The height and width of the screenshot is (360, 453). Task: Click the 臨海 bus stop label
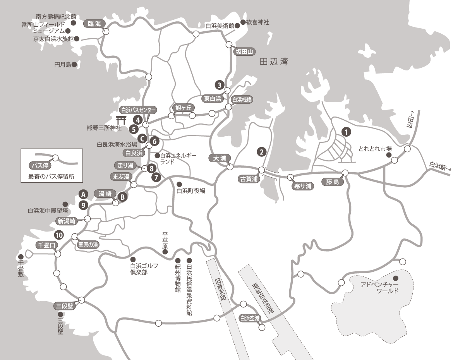point(94,24)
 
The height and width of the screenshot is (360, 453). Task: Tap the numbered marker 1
point(347,132)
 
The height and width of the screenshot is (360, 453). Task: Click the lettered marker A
point(82,193)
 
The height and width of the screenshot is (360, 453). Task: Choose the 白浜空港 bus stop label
point(249,319)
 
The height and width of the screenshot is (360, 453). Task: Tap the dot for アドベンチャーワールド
point(396,278)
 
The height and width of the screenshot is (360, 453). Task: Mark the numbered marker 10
point(58,235)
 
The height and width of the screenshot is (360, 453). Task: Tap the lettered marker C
point(142,138)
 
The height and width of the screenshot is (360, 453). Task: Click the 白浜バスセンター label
point(138,110)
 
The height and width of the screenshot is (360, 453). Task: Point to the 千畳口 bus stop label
point(46,245)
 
